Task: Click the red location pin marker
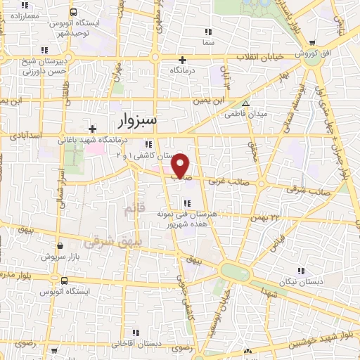click(181, 165)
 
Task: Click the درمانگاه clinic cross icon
click(182, 60)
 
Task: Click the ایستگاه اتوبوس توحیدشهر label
click(70, 28)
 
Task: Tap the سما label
click(207, 42)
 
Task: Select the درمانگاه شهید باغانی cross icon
click(91, 129)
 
